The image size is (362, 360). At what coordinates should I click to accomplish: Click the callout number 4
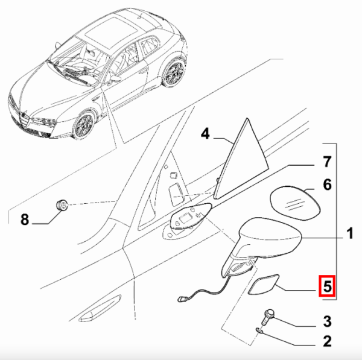tap(205, 134)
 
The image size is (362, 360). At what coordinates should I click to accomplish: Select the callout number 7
tap(327, 162)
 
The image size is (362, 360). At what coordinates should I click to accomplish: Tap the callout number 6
tap(327, 185)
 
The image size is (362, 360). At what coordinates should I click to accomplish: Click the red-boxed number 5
tap(327, 286)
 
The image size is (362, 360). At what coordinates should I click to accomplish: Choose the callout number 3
tap(327, 321)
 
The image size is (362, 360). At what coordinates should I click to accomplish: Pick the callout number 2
tap(327, 341)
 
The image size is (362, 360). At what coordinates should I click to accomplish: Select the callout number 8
tap(25, 219)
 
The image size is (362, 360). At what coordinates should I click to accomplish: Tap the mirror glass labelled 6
tap(294, 203)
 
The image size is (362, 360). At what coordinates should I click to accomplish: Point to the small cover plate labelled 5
tap(264, 285)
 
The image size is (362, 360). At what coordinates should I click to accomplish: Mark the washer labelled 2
tap(260, 330)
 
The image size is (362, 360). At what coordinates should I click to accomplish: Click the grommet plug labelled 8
tap(62, 205)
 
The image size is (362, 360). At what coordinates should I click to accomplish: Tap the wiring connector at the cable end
tap(181, 299)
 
